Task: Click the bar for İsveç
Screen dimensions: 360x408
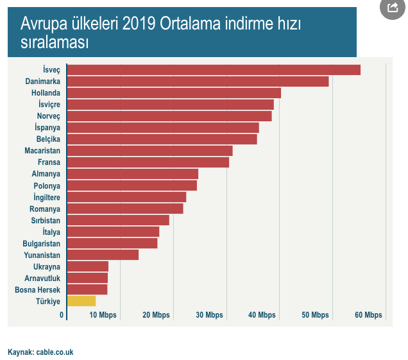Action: [213, 70]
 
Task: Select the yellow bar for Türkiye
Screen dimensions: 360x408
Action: [81, 301]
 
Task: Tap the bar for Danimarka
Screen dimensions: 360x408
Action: [198, 81]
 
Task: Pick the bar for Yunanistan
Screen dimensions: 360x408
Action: [103, 255]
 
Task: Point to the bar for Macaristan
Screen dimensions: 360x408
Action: [149, 151]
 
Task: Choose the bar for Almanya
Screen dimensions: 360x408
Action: [132, 174]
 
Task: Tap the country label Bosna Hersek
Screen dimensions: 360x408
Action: [37, 289]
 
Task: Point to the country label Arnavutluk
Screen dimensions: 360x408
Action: [42, 278]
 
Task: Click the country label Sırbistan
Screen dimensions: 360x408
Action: [46, 220]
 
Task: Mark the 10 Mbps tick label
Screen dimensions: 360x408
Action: [103, 315]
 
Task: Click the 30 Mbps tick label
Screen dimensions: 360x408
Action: [209, 315]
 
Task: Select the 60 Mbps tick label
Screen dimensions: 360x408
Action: [368, 315]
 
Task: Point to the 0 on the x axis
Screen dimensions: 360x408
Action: [62, 315]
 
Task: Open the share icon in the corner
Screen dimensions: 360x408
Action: [392, 8]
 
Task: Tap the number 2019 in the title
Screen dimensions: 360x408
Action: [142, 24]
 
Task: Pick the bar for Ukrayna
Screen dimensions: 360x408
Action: [87, 266]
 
